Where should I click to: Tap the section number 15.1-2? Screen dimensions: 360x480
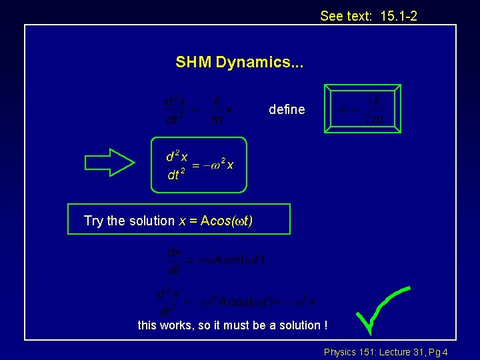(399, 15)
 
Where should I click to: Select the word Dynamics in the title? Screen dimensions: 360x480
(255, 63)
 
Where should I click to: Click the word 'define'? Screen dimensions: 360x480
(287, 109)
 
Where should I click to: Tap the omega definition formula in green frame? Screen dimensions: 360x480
(362, 109)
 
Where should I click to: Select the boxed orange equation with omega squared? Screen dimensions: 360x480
(199, 165)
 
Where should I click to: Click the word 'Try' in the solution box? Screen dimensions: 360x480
(94, 221)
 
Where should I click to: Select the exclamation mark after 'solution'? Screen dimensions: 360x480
(325, 325)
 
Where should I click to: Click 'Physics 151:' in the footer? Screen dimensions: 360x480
(348, 352)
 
